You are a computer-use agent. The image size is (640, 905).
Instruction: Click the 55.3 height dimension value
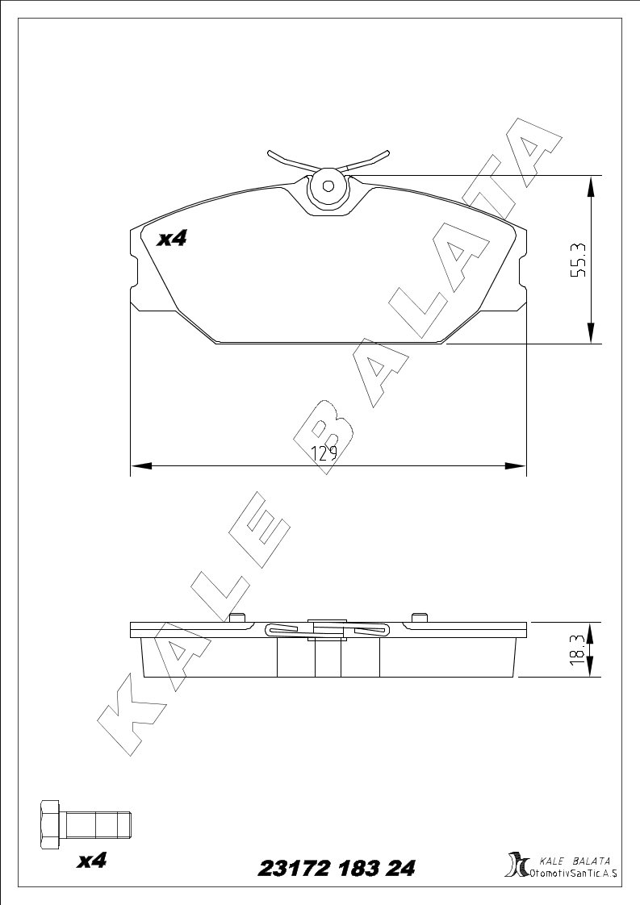coord(578,260)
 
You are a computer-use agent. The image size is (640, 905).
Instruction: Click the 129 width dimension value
coord(324,453)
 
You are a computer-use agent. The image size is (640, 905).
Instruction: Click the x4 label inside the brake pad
coord(172,239)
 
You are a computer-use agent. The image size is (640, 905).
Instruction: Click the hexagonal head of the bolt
coord(50,825)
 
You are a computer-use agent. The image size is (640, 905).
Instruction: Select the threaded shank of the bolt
coord(97,825)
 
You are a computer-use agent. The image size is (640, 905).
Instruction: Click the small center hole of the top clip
coord(328,186)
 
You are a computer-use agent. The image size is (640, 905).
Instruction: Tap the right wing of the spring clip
coord(367,161)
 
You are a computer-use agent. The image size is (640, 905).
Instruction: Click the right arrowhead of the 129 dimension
coord(515,465)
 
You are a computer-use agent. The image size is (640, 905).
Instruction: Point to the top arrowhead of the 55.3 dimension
coord(590,187)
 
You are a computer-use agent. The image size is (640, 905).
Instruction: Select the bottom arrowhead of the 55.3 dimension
coord(590,333)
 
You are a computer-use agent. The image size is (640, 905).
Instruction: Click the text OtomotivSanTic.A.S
coord(573,874)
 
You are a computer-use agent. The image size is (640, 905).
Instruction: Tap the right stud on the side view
coord(418,618)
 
